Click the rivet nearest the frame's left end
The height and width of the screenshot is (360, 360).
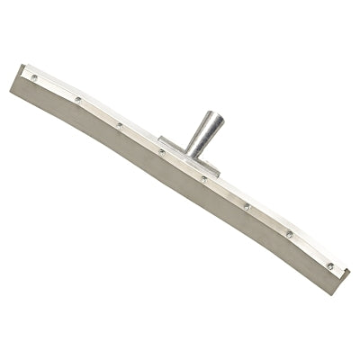(x=35, y=77)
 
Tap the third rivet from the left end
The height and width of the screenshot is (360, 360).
(x=120, y=125)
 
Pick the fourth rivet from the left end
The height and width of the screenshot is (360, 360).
(x=162, y=151)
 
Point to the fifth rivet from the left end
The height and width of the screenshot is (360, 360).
(x=204, y=178)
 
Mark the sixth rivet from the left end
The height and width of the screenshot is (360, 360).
(x=246, y=206)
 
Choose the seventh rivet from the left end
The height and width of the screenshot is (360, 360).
(x=289, y=235)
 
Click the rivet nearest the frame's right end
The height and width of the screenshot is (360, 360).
(x=329, y=265)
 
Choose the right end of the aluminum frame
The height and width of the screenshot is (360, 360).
(x=343, y=271)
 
